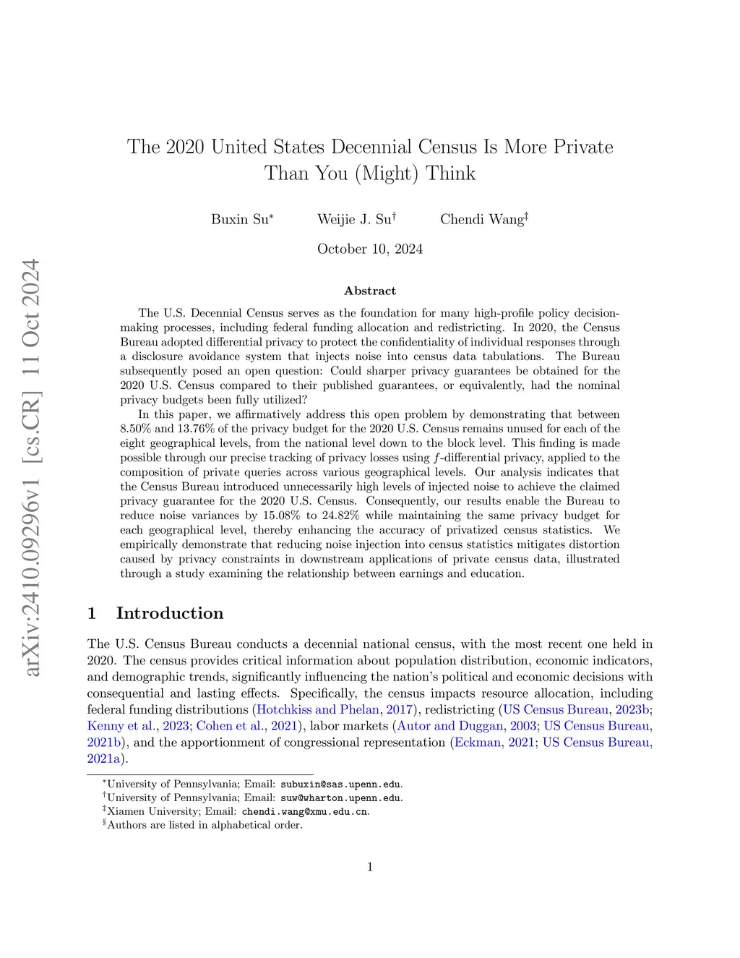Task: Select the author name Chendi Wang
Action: click(x=483, y=219)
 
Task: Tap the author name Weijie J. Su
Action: click(x=355, y=219)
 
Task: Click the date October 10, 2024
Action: click(x=370, y=249)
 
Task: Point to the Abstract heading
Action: click(x=370, y=291)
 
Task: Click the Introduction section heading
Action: click(x=169, y=613)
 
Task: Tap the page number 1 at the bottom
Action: click(x=370, y=867)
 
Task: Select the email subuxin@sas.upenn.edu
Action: click(x=341, y=784)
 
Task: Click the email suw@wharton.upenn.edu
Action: click(x=341, y=797)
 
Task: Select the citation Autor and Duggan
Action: click(x=450, y=726)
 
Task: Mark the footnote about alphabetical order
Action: click(x=205, y=825)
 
